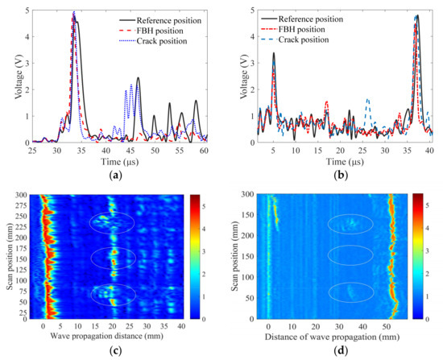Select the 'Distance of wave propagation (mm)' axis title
[340, 333]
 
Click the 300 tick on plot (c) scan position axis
[25, 195]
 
